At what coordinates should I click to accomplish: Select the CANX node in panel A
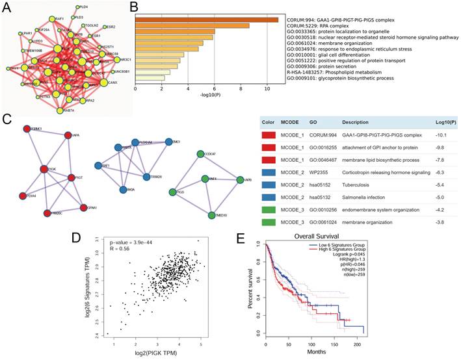[104, 82]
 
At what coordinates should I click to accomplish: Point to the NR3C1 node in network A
[116, 60]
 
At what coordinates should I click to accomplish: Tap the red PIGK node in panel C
[44, 169]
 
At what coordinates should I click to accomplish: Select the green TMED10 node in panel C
[212, 214]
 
